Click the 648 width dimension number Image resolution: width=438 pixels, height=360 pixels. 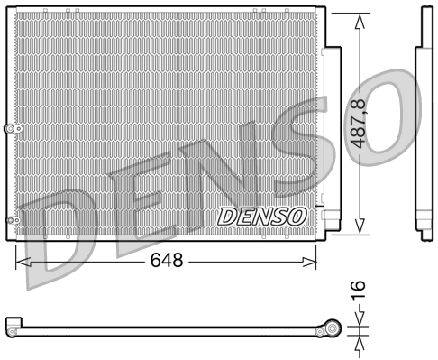[x=167, y=261]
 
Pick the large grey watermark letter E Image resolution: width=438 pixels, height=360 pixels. [x=135, y=203]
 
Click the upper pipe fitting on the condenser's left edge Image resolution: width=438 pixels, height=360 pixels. [x=11, y=129]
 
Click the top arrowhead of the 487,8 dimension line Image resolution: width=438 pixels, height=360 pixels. [x=360, y=19]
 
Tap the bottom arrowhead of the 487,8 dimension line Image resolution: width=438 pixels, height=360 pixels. [x=360, y=229]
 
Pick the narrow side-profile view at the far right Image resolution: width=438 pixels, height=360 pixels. [x=424, y=126]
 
